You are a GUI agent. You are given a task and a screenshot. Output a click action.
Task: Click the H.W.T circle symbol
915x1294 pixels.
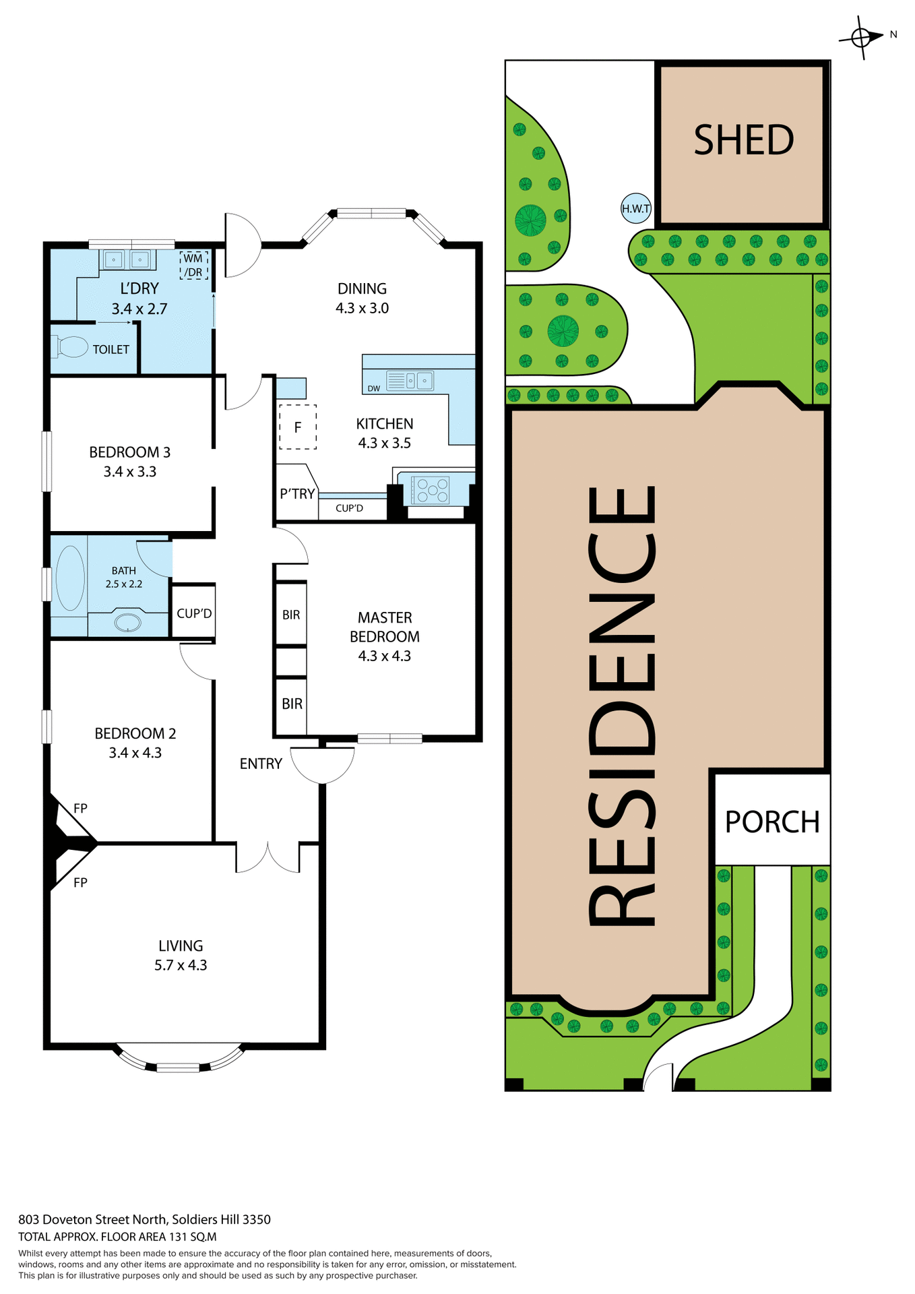point(635,208)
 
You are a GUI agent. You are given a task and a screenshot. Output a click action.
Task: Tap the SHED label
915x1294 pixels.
point(743,140)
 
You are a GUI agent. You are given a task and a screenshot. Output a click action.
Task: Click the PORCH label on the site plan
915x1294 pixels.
point(771,822)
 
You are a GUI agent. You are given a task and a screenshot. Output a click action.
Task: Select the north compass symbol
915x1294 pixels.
point(862,37)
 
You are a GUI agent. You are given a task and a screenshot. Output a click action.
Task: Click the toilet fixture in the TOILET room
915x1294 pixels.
point(71,347)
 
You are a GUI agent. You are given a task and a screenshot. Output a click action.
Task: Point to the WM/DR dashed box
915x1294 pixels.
point(193,266)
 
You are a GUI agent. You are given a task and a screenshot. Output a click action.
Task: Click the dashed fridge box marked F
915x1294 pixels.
point(298,427)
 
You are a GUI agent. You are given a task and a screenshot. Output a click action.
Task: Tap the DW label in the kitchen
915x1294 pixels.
point(373,388)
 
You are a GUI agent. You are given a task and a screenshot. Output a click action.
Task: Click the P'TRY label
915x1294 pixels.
point(297,493)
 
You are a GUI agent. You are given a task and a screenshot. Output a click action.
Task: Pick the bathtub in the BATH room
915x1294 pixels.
point(69,578)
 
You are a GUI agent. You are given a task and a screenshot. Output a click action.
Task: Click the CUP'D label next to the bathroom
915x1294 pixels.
point(194,613)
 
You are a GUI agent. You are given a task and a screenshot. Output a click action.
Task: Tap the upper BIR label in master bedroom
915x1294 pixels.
point(291,615)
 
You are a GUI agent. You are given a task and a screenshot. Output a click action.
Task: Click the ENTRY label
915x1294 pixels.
point(261,764)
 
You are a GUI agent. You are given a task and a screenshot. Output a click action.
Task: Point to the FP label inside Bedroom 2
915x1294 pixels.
point(80,808)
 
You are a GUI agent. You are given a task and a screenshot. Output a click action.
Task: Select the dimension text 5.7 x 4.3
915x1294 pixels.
point(181,965)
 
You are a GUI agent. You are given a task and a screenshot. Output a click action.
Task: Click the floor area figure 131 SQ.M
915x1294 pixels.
point(191,1237)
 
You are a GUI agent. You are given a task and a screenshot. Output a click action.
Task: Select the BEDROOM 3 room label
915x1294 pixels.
point(129,452)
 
